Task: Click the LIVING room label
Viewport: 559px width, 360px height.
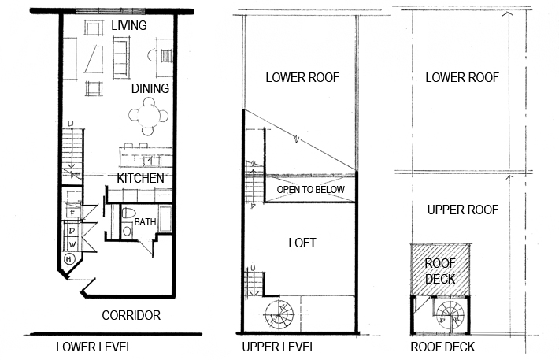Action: pos(128,25)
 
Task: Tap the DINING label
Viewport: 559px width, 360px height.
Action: pos(150,88)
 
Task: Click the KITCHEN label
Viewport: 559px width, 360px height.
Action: pos(140,178)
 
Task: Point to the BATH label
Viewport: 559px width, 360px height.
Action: pos(145,222)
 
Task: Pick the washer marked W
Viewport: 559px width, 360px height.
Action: pos(72,244)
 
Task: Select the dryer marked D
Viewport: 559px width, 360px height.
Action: pos(72,231)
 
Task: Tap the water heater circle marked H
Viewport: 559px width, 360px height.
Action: pos(69,258)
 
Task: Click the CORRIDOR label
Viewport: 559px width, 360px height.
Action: pos(131,315)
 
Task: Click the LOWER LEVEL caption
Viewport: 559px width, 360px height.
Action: pos(94,347)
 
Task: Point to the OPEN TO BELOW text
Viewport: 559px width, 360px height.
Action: pos(310,190)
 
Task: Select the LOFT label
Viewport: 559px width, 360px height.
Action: pos(302,243)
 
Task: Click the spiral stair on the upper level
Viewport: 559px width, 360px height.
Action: pos(279,315)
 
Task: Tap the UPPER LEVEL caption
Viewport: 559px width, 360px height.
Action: pos(279,347)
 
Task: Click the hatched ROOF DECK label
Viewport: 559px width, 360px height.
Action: pos(440,271)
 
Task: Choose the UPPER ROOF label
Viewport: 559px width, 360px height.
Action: pos(462,210)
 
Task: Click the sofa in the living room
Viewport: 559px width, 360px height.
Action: pos(121,58)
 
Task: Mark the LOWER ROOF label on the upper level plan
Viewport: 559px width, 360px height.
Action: pos(302,77)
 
